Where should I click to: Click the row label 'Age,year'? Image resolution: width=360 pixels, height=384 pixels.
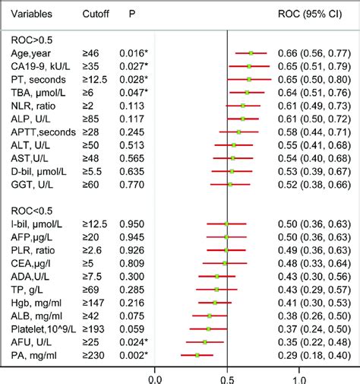[28, 53]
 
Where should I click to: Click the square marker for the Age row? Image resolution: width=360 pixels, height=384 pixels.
[251, 53]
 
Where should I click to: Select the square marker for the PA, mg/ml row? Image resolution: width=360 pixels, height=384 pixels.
[197, 355]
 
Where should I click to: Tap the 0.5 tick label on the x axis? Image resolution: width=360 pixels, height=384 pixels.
[227, 376]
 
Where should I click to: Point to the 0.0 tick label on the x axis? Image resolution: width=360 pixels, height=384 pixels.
[156, 376]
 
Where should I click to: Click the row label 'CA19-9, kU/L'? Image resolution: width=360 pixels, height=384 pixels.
[38, 66]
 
